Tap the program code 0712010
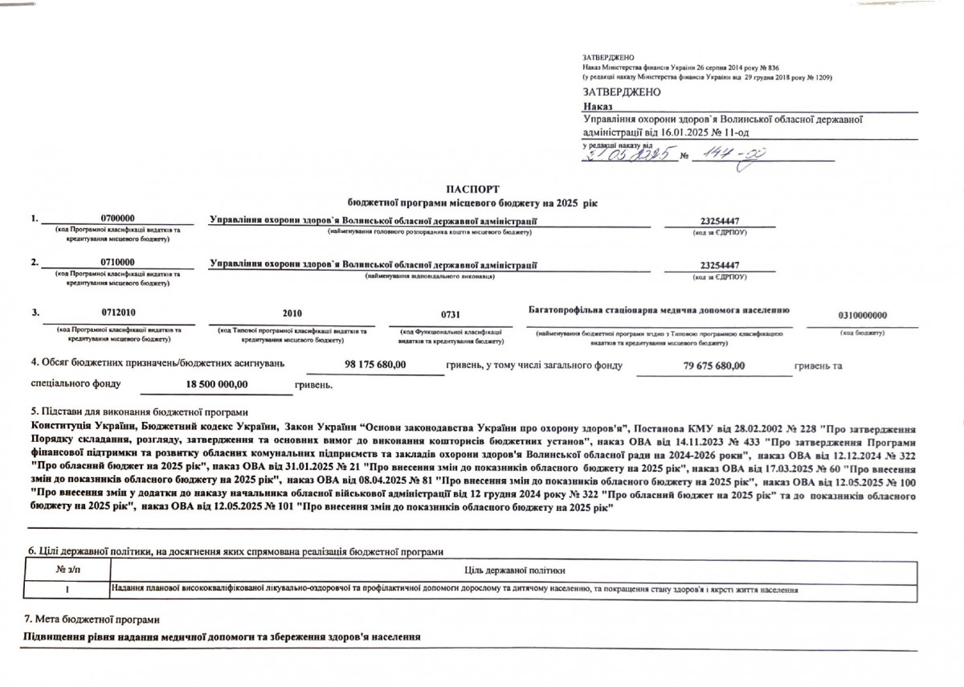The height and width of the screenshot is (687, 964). [117, 313]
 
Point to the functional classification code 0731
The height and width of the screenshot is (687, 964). [451, 314]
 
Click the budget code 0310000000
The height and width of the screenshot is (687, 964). [863, 316]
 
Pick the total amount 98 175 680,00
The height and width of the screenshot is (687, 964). [375, 365]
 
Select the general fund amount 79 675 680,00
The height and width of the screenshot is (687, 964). [709, 366]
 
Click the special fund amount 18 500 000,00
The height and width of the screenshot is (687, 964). [217, 385]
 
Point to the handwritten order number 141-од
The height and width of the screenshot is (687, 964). [727, 154]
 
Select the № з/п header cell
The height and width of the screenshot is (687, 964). [67, 570]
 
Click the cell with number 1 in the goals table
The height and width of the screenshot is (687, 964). [67, 591]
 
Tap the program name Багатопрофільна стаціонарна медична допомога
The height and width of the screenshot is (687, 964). [659, 309]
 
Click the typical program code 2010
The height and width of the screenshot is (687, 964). [292, 313]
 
